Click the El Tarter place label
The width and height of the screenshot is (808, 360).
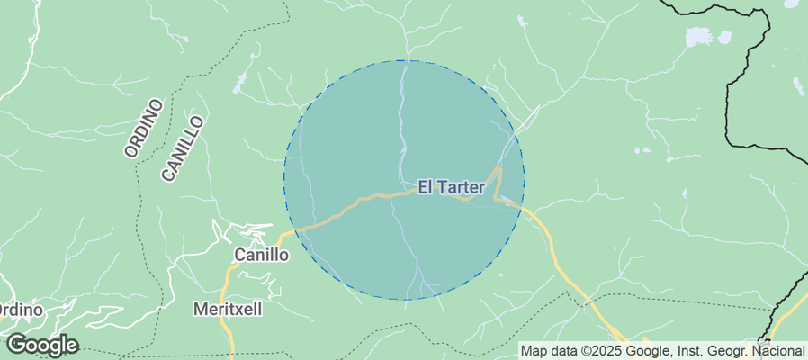click(451, 187)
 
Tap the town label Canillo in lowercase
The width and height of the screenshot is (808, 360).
click(261, 255)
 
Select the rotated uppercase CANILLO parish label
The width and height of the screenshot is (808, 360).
click(184, 148)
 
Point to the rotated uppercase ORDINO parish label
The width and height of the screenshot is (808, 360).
click(145, 130)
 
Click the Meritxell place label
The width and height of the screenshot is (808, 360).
click(228, 309)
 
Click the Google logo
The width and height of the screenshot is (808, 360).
click(41, 345)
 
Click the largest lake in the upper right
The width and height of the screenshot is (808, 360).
click(697, 37)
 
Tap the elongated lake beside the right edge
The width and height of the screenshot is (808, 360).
click(796, 85)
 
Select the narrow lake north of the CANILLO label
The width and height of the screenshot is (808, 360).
click(239, 84)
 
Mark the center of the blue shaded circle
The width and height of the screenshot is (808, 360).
click(404, 180)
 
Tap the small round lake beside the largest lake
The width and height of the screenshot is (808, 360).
click(723, 39)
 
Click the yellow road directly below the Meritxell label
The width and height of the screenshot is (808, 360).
click(229, 335)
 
